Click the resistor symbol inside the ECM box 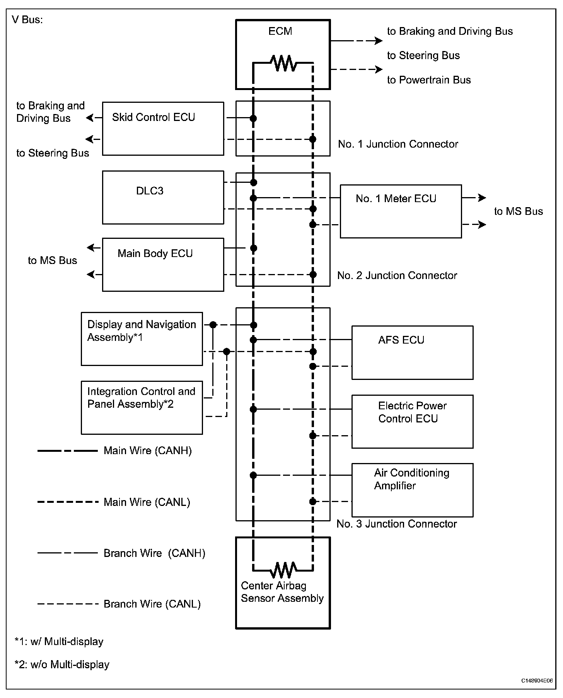(283, 63)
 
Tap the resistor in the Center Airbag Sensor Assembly (283, 570)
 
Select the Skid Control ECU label (154, 117)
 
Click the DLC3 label (150, 191)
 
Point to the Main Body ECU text (155, 254)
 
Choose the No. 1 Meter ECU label (396, 199)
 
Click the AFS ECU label (401, 340)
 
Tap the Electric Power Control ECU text (412, 412)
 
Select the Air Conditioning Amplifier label (411, 479)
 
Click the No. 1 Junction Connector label (398, 144)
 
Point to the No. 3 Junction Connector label (397, 524)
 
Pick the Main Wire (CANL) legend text (147, 502)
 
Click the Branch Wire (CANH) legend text (154, 553)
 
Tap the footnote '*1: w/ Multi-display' (59, 642)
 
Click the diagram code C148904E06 (537, 681)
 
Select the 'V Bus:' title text (27, 20)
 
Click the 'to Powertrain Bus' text (429, 80)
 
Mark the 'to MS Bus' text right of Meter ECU (518, 211)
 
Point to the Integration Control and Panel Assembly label (141, 398)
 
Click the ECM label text (280, 31)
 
